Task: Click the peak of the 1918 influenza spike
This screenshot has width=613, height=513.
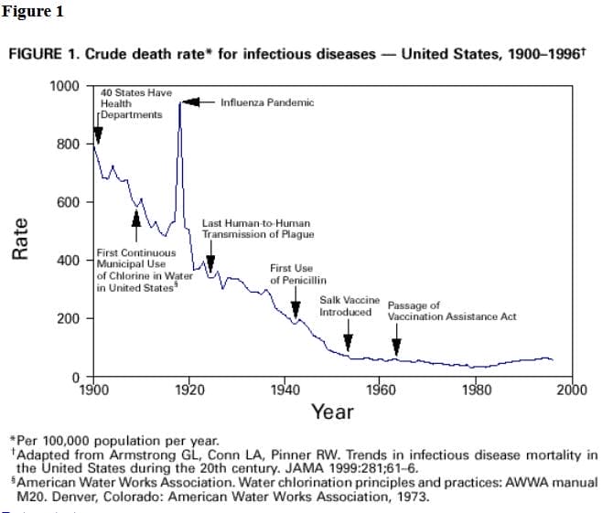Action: (180, 103)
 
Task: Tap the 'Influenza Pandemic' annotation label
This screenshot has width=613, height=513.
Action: (266, 102)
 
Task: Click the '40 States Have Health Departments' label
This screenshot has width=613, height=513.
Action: (134, 104)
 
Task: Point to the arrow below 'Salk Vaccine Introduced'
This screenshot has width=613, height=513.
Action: (348, 341)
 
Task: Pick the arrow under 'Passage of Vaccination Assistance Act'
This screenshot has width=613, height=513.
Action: (396, 344)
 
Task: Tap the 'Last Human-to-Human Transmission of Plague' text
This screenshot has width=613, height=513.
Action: (257, 229)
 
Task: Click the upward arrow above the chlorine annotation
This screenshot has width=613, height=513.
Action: (136, 219)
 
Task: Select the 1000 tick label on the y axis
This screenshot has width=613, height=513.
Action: (65, 86)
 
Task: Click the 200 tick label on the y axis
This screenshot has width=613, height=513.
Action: (70, 319)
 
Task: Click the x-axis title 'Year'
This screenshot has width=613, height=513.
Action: (332, 412)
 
